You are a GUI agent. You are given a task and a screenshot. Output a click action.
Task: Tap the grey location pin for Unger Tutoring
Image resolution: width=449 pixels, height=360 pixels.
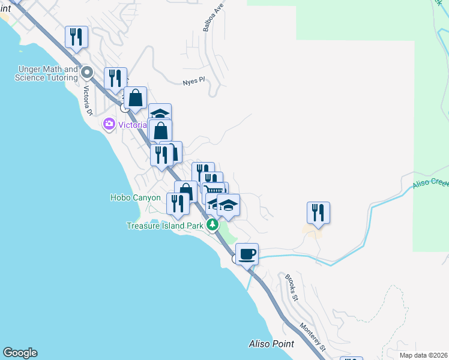coord(87,73)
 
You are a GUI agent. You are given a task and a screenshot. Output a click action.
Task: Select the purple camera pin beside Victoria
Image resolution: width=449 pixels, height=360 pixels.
coord(109,124)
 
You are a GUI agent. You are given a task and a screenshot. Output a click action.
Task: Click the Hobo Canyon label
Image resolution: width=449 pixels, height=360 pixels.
coord(136,197)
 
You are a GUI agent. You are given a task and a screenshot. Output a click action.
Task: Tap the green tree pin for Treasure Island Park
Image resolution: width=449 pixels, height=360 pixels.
coord(212,225)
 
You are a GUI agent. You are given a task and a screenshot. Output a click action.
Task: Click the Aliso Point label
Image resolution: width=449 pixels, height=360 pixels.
coord(271,344)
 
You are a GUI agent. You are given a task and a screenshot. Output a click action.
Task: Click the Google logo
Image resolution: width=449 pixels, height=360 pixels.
coord(20,353)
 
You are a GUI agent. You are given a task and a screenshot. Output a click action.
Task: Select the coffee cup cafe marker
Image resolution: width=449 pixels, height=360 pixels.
coord(247,254)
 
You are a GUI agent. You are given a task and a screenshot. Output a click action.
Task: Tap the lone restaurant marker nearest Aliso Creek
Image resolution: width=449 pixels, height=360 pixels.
coord(318,213)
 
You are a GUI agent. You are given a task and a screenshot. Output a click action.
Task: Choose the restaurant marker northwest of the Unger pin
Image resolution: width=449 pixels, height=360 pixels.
coord(77,37)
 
